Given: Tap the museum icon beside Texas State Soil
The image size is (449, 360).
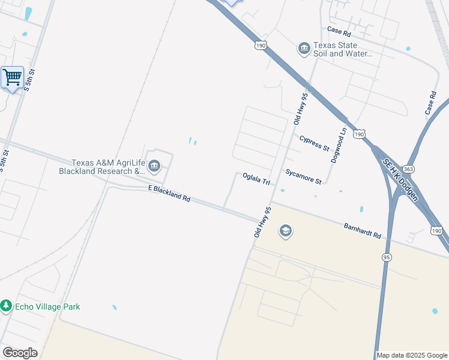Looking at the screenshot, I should [304, 48].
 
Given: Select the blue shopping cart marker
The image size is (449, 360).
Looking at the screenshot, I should [12, 77].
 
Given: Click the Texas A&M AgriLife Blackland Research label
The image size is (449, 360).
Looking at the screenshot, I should [102, 167].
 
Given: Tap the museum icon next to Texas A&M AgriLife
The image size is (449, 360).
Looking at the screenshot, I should [154, 166].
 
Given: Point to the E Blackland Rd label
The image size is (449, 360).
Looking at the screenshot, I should [169, 193].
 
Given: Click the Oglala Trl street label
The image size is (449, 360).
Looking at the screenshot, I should [256, 178].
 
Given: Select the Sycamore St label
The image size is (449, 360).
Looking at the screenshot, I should [304, 176].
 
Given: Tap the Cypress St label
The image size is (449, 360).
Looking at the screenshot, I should [315, 143].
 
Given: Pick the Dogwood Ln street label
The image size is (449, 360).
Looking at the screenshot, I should [339, 146].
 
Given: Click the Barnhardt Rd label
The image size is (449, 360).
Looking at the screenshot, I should [363, 231].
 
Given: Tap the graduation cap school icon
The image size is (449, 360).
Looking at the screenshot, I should [285, 231].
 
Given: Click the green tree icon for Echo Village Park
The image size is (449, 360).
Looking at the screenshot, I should [6, 306].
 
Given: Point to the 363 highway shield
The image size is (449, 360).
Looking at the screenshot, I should [409, 170].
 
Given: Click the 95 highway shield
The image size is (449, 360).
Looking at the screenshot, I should [387, 257].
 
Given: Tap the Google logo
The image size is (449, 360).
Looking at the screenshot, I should [20, 353].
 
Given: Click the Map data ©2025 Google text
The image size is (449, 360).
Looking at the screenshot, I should [412, 355].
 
